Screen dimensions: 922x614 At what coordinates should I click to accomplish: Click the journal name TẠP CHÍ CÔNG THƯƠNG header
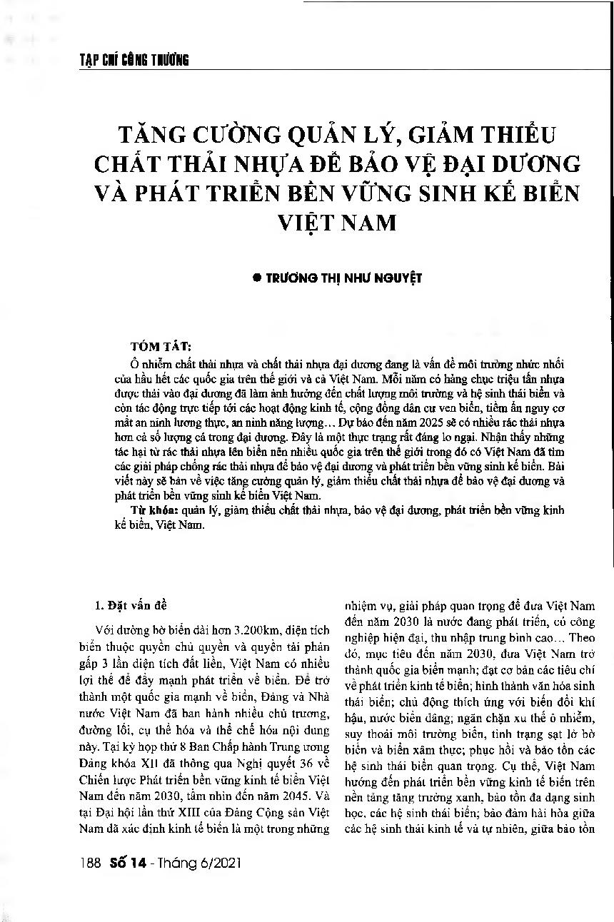click(x=134, y=60)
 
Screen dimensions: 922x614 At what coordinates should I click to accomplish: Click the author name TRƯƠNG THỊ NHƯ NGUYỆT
click(x=343, y=278)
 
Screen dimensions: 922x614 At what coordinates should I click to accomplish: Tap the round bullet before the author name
click(x=255, y=278)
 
